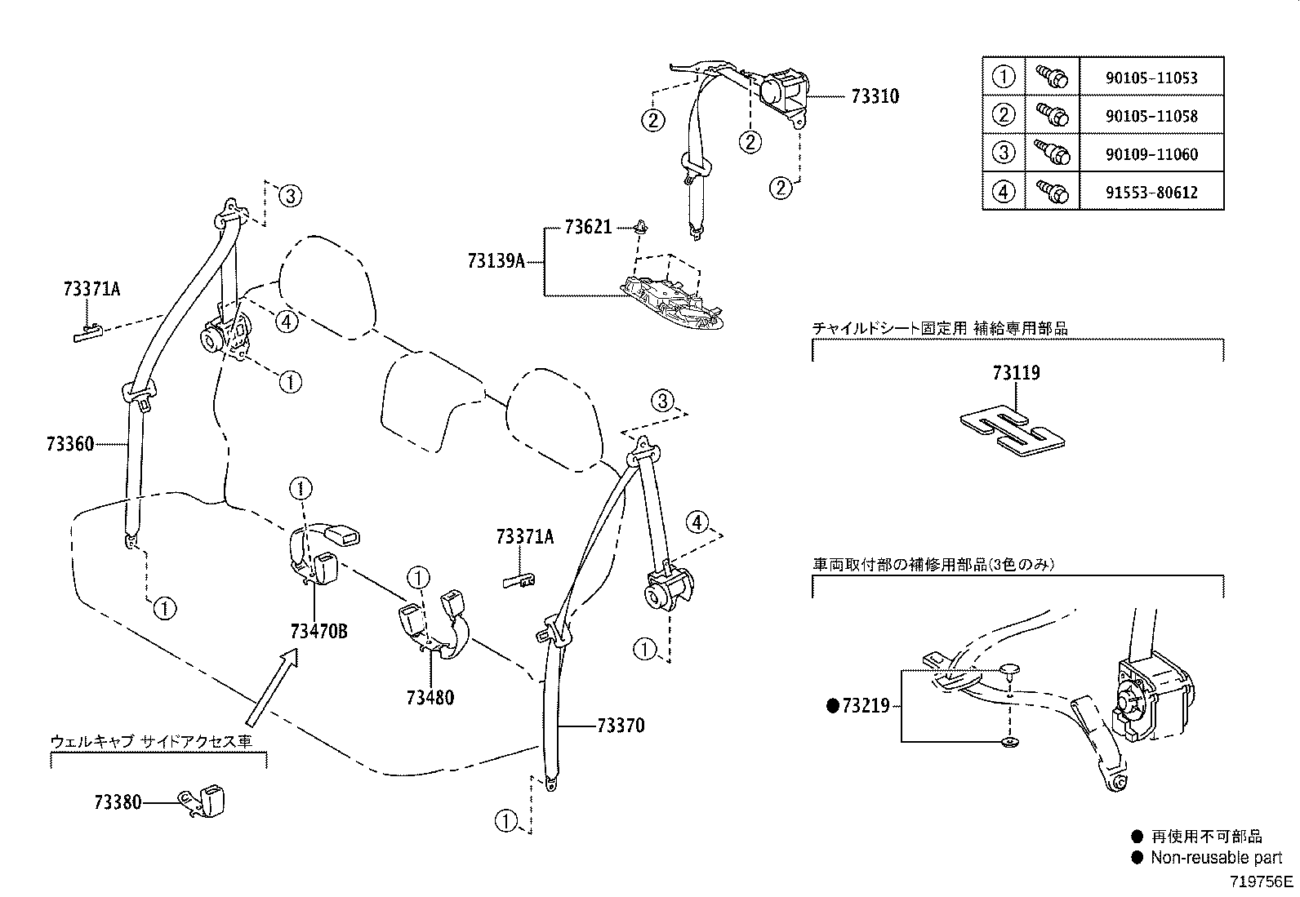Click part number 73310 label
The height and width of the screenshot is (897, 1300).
(x=875, y=96)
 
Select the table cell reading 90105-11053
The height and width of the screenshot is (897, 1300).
(x=1151, y=78)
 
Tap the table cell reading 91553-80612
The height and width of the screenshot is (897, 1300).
(x=1151, y=193)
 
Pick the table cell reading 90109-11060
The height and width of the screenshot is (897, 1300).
(x=1151, y=154)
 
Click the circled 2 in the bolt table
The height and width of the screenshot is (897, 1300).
(x=1003, y=115)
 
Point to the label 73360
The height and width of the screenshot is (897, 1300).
(x=70, y=444)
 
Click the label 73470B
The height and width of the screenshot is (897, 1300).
(x=318, y=631)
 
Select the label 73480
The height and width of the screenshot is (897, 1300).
(x=430, y=697)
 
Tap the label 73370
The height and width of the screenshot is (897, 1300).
(x=621, y=725)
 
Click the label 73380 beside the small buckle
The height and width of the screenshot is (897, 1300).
(x=118, y=802)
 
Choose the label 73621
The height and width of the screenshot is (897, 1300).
(x=588, y=227)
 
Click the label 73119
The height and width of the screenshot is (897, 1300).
(x=1016, y=373)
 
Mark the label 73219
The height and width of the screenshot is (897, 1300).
(x=866, y=706)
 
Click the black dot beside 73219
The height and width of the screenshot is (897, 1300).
(x=833, y=706)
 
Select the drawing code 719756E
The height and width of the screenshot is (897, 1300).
(x=1262, y=881)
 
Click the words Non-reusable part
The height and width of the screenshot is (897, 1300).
(x=1216, y=858)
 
